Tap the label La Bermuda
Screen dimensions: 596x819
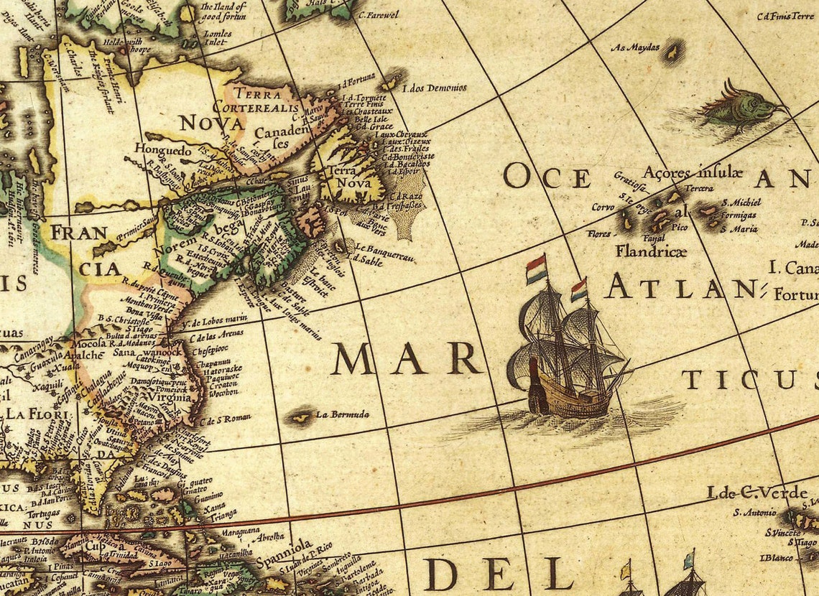pos(343,414)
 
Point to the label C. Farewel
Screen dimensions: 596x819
pos(378,14)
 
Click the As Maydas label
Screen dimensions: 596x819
pos(634,48)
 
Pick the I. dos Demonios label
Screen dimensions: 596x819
pos(435,88)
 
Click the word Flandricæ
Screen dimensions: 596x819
pos(650,251)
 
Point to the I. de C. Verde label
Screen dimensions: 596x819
pos(746,493)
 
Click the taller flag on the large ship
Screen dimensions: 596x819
pos(536,269)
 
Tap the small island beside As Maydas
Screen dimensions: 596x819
pos(673,52)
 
